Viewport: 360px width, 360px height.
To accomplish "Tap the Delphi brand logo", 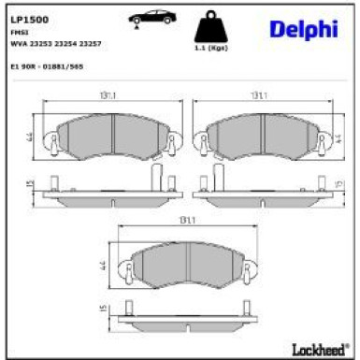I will tap(303, 30).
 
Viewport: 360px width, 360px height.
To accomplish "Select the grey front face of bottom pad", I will tap(180, 266).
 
